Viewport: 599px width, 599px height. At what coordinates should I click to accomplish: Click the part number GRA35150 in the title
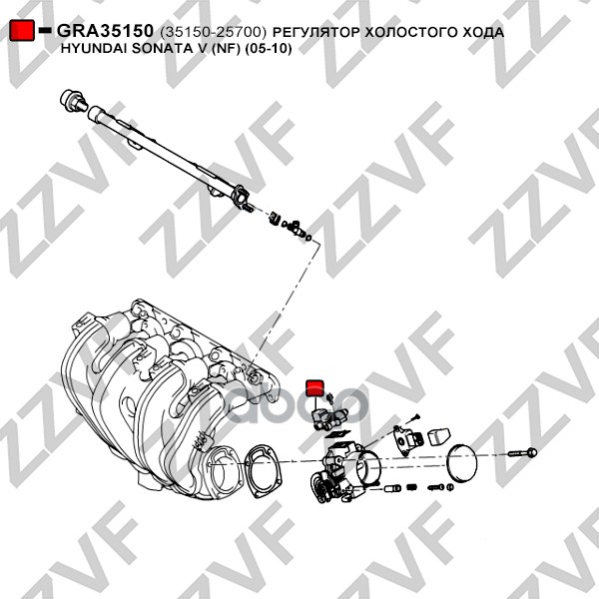[x=105, y=31]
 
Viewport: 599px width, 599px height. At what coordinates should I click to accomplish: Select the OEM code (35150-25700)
[x=213, y=33]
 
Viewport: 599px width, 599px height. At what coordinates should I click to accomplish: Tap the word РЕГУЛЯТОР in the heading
[x=315, y=33]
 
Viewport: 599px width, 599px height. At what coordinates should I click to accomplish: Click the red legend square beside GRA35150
[x=22, y=30]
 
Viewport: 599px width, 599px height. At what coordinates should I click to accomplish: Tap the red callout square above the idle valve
[x=315, y=387]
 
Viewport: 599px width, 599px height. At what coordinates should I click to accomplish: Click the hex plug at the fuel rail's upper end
[x=74, y=101]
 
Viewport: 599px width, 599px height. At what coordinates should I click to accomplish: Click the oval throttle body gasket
[x=262, y=471]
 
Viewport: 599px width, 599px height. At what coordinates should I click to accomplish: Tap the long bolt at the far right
[x=522, y=453]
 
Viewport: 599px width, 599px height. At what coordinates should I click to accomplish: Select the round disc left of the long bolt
[x=461, y=463]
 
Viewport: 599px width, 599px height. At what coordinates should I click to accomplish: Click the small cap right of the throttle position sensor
[x=438, y=437]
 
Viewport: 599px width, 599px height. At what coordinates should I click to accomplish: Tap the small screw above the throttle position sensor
[x=413, y=418]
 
